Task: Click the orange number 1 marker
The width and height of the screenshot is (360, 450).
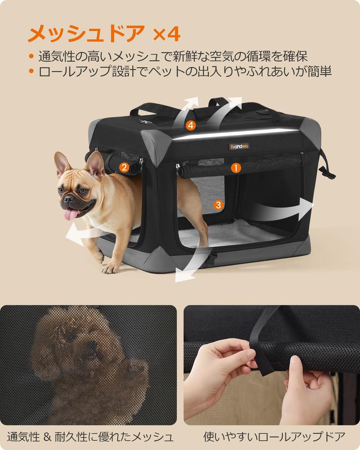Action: [236, 168]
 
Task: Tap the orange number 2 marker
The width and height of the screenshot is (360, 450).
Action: [124, 167]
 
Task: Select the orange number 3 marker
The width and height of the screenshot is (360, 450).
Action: [219, 205]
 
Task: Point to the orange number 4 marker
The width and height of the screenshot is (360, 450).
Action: [190, 126]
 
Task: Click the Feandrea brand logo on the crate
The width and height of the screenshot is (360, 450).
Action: [239, 146]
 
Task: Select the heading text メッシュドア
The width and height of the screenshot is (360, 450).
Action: [86, 33]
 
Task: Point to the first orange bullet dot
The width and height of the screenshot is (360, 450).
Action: [31, 56]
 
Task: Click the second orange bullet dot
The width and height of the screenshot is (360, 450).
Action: [31, 71]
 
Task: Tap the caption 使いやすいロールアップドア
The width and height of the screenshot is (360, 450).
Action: [274, 437]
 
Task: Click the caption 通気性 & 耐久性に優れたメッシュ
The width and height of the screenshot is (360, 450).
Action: [90, 437]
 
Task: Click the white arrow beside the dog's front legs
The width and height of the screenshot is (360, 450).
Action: [79, 235]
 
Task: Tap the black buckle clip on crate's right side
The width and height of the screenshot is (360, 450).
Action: [327, 172]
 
